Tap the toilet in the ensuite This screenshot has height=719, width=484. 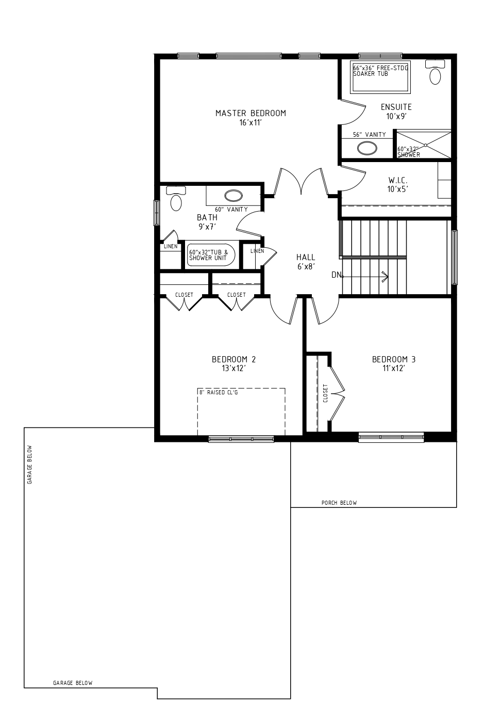tap(435, 72)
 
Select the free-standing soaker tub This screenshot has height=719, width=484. tap(380, 77)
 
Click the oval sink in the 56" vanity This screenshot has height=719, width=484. tap(367, 148)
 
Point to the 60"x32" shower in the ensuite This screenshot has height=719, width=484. tap(424, 144)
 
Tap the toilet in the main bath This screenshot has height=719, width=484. tap(176, 199)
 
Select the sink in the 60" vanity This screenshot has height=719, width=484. tap(233, 196)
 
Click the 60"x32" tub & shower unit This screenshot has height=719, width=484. tap(211, 255)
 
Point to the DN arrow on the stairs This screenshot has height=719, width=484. tap(365, 276)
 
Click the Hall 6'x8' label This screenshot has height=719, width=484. tap(306, 262)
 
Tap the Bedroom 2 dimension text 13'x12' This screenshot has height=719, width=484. tap(233, 368)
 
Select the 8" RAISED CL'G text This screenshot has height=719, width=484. tap(218, 392)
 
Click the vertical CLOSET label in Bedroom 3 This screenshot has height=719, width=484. tap(326, 393)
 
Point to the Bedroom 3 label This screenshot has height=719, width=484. tap(394, 359)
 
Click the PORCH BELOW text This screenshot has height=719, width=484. tap(339, 503)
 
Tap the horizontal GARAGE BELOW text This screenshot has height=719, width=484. tap(73, 683)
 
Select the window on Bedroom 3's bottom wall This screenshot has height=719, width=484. tap(391, 437)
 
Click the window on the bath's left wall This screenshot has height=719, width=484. tap(156, 213)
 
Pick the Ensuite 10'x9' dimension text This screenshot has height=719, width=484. tap(396, 116)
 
